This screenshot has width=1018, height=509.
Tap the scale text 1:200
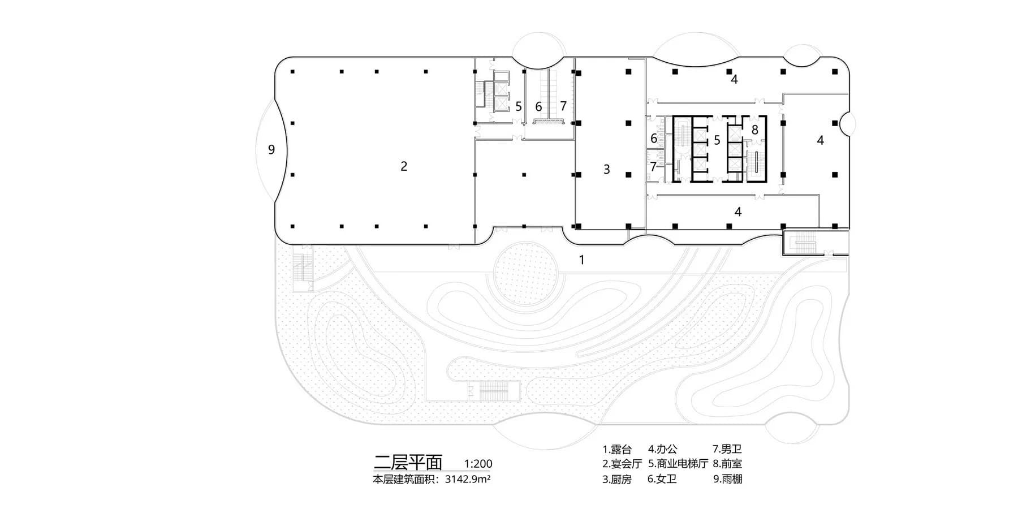478,464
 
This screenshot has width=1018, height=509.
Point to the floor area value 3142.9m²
467,480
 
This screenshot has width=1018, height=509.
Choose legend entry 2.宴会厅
622,464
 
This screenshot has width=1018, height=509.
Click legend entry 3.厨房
616,480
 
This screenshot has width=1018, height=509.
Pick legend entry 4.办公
662,450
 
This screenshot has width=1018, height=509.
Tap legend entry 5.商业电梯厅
678,464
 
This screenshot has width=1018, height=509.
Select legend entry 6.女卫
662,480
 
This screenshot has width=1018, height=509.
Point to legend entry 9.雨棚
727,480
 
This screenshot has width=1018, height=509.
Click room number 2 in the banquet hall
404,166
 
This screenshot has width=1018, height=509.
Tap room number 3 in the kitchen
607,169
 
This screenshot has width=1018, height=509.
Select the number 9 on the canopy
271,150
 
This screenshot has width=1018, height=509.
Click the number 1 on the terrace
581,260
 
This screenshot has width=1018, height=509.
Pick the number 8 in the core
754,130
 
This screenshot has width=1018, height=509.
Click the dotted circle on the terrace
527,277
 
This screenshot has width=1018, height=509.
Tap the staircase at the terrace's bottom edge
493,390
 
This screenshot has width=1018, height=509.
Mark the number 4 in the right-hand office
820,140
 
